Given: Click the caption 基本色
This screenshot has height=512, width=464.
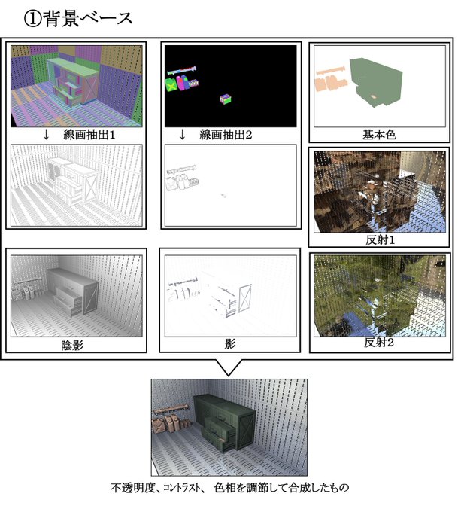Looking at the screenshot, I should pyautogui.click(x=379, y=136).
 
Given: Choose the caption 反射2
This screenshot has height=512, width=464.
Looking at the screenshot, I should pyautogui.click(x=379, y=342).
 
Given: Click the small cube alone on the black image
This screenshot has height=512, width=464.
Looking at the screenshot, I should pyautogui.click(x=224, y=99).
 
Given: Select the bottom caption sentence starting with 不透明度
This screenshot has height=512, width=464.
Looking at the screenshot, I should pyautogui.click(x=229, y=488).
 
